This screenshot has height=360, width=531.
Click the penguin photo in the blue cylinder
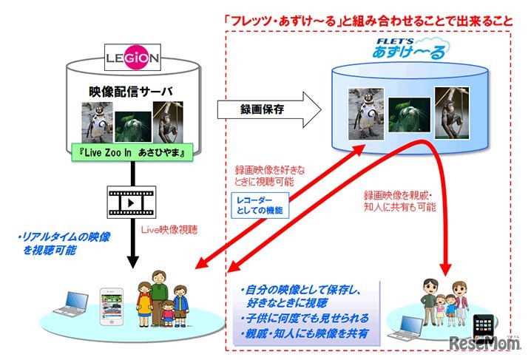click(364, 112)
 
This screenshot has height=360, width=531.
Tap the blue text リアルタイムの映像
click(54, 238)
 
